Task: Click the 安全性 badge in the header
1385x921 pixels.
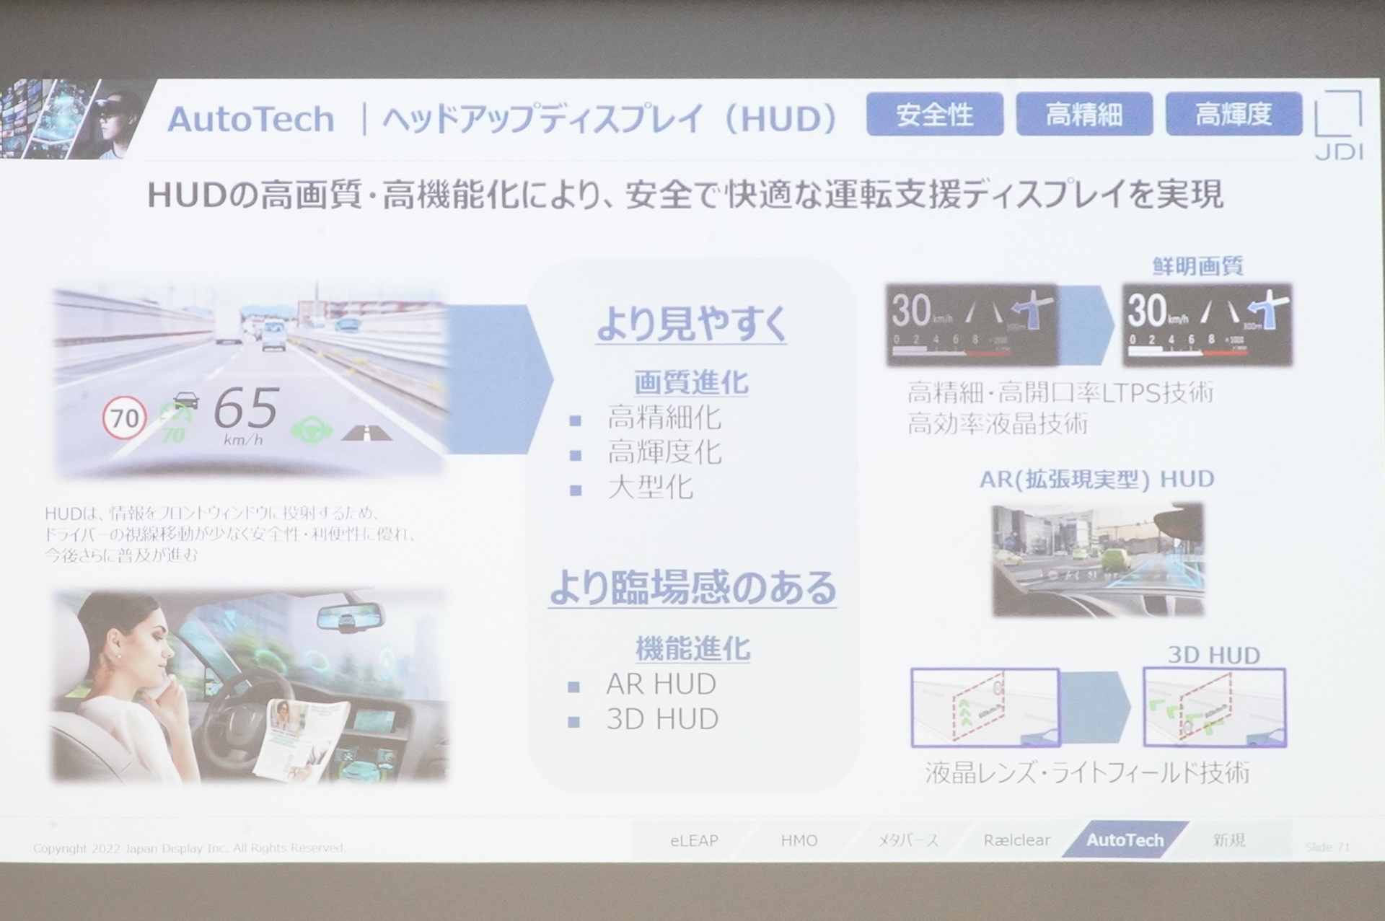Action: [x=934, y=115]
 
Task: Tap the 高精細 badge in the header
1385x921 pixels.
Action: [x=1083, y=115]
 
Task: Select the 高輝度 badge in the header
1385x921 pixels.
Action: [x=1233, y=115]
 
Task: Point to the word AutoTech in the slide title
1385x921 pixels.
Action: [x=251, y=120]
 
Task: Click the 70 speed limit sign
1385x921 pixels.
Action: [x=125, y=418]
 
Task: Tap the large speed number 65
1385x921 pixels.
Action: [x=246, y=409]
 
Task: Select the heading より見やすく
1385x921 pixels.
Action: [x=691, y=325]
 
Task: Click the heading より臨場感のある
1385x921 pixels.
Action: [x=692, y=587]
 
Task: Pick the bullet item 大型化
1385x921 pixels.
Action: [x=650, y=488]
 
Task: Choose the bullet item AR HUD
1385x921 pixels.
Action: [x=661, y=684]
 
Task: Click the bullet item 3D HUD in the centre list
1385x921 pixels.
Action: [x=662, y=719]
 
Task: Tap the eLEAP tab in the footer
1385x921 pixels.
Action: [x=694, y=840]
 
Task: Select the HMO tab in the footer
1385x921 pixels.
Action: [x=799, y=840]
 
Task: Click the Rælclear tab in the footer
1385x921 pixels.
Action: [x=1017, y=840]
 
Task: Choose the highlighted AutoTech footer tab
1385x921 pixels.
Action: [x=1125, y=840]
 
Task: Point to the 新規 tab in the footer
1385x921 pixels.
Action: [x=1229, y=840]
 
